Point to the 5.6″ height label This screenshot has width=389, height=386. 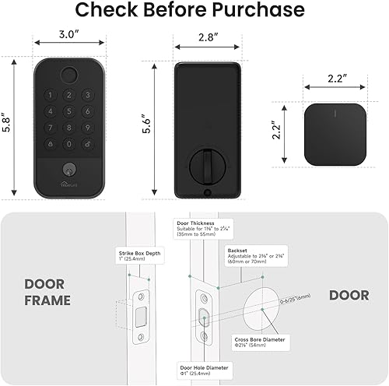click(155, 125)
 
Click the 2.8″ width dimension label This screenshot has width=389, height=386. click(208, 37)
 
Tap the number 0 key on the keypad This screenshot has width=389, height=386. click(68, 143)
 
